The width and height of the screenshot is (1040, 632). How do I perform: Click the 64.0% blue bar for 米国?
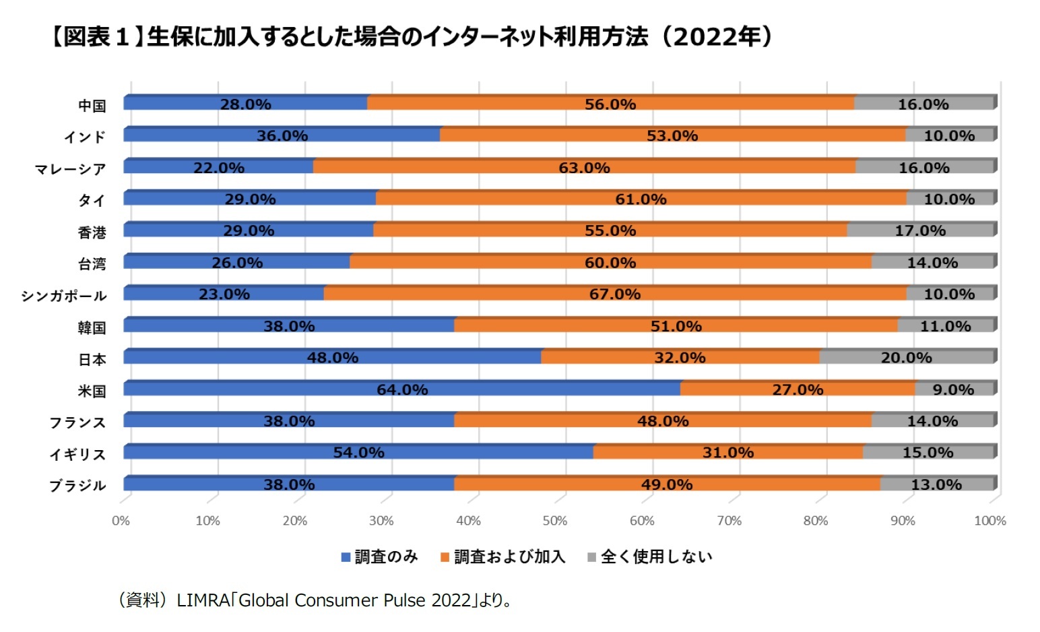click(x=402, y=389)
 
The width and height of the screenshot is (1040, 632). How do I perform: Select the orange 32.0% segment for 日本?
click(x=680, y=358)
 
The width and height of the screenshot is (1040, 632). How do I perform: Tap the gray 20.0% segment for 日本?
click(x=907, y=358)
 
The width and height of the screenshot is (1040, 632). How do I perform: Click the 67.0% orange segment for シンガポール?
click(x=615, y=294)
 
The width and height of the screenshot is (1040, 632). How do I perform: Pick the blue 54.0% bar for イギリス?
click(x=358, y=453)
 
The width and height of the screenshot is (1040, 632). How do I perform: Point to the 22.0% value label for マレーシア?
click(x=219, y=168)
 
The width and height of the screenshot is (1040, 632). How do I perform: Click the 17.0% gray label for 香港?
click(x=920, y=231)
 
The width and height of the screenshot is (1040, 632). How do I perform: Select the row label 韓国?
click(x=92, y=327)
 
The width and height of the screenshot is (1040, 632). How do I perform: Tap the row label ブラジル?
click(x=77, y=486)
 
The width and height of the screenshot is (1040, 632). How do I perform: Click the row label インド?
click(x=85, y=137)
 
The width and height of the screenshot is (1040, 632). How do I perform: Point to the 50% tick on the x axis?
click(x=555, y=521)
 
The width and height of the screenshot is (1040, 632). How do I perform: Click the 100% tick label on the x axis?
click(x=989, y=521)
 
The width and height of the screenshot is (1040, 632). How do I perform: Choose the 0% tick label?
click(x=121, y=521)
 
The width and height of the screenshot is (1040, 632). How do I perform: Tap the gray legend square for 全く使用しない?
click(x=592, y=557)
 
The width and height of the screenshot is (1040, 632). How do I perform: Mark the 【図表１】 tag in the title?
click(x=96, y=36)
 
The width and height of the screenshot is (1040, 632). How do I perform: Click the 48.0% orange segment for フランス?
click(x=663, y=421)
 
